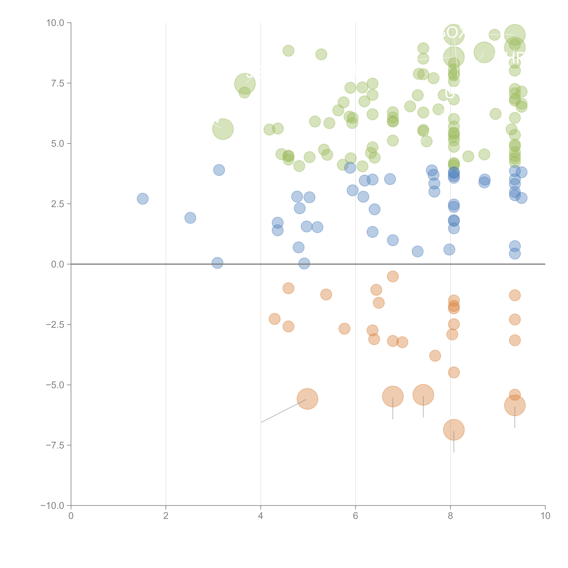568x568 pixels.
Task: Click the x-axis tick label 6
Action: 355,516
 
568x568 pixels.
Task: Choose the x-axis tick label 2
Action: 166,516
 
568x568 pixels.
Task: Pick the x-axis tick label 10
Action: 545,516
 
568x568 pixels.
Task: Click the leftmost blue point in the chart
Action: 143,199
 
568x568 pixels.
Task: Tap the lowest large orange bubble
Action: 454,430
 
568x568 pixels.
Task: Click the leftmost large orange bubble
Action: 307,399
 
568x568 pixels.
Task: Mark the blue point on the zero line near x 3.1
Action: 217,263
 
